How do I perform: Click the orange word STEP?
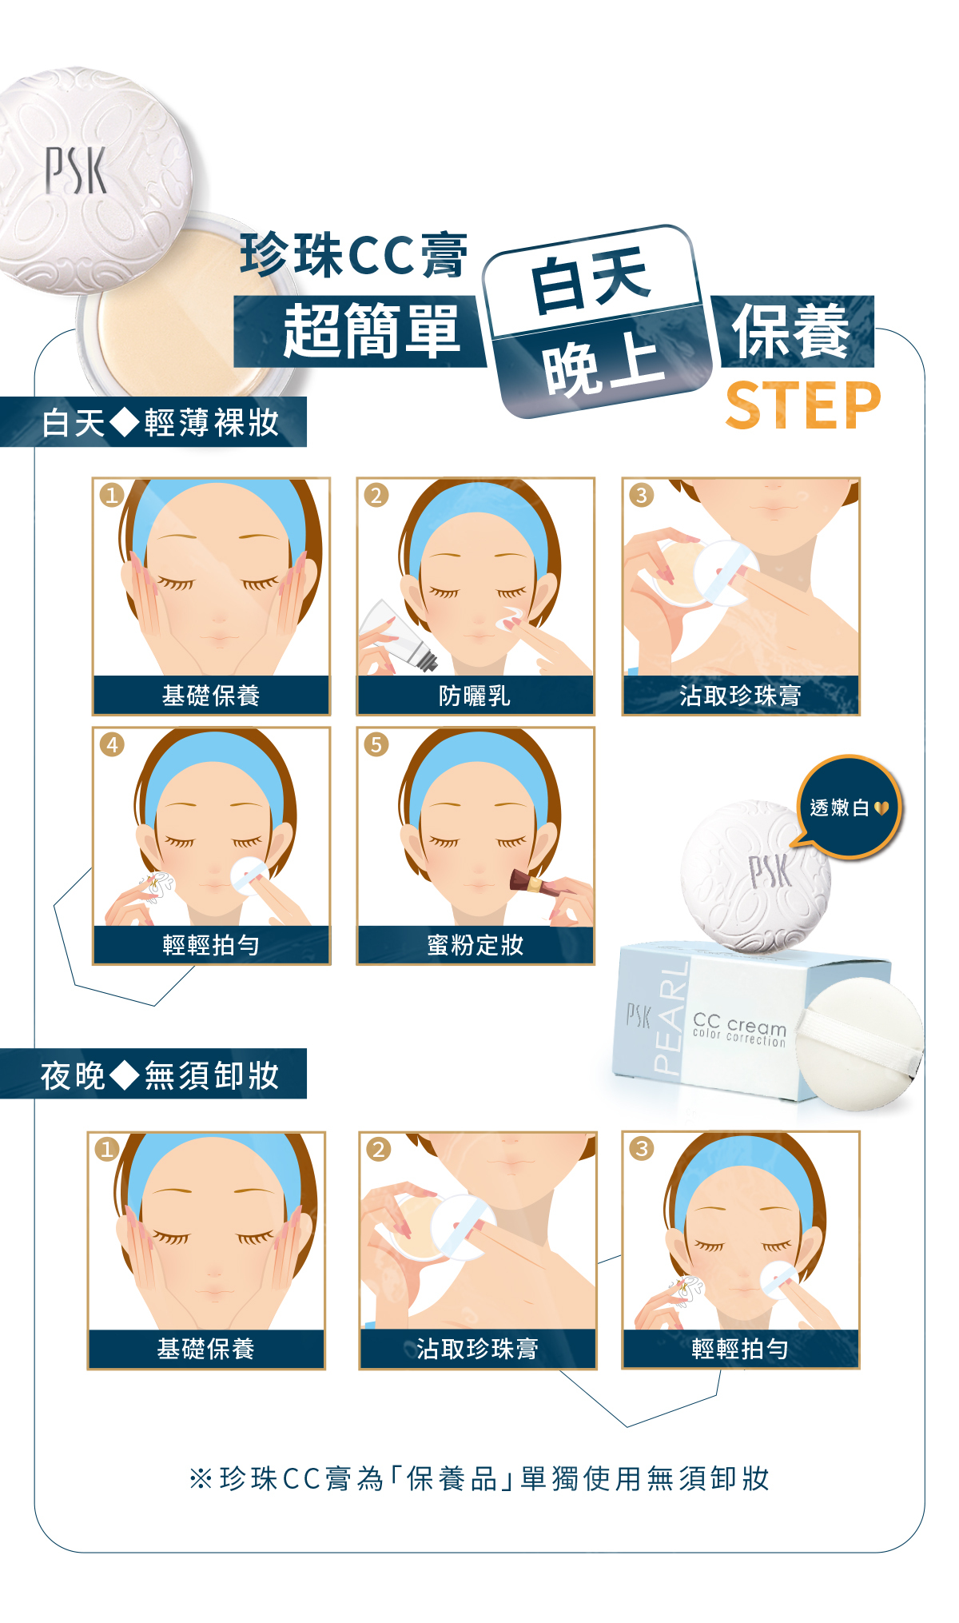pos(802,405)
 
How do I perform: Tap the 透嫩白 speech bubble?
pos(850,808)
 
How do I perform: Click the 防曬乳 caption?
pos(475,696)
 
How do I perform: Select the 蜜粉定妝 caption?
pos(475,945)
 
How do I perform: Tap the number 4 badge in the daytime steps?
pos(112,745)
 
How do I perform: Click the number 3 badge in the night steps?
pos(641,1149)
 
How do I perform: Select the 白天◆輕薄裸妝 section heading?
pos(160,422)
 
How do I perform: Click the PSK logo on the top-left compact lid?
pos(75,169)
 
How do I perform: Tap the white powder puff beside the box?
pos(859,1043)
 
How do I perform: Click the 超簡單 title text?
pos(372,330)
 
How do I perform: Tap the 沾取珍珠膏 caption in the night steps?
pos(477,1349)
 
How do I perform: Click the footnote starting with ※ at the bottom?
pos(479,1478)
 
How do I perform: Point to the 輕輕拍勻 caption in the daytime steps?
pos(211,945)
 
